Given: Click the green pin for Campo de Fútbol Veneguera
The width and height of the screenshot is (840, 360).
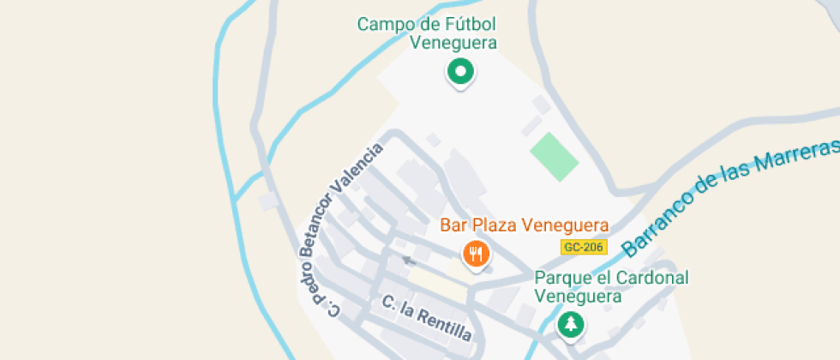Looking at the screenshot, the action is [460, 72].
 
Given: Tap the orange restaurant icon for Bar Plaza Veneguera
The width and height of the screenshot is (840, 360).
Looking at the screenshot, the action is [476, 254].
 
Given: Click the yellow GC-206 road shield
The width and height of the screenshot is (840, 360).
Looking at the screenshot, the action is [584, 247].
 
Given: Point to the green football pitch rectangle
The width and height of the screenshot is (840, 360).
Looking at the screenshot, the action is [554, 156].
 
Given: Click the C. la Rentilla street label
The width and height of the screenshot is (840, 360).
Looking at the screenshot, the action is [427, 318].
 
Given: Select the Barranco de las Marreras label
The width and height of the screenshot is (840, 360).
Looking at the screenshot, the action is [730, 197].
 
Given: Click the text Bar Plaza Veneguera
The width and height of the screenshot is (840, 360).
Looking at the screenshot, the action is [524, 225].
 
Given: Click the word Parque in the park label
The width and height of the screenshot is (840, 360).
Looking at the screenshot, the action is [561, 279].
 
